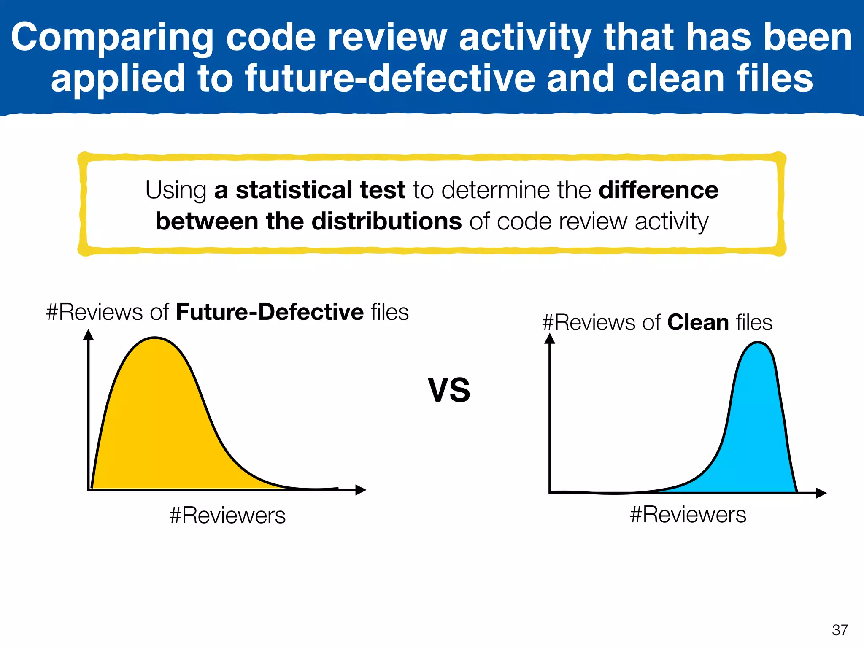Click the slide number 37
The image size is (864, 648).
click(x=840, y=630)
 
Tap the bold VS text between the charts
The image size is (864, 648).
click(x=449, y=390)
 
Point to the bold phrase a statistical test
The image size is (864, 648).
click(x=310, y=190)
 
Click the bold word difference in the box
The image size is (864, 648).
click(x=658, y=190)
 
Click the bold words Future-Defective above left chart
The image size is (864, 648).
click(x=270, y=312)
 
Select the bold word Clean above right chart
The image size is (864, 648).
click(x=698, y=323)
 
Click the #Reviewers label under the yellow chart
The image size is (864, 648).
click(x=227, y=516)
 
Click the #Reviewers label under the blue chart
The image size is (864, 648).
click(x=688, y=515)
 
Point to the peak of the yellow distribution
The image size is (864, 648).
click(x=154, y=338)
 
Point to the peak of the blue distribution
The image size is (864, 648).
click(x=758, y=343)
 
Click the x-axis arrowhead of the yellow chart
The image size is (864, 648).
click(x=361, y=490)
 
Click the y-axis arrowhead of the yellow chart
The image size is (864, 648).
click(x=88, y=335)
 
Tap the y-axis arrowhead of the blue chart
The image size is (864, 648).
click(x=550, y=338)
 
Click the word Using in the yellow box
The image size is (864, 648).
click(x=176, y=190)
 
